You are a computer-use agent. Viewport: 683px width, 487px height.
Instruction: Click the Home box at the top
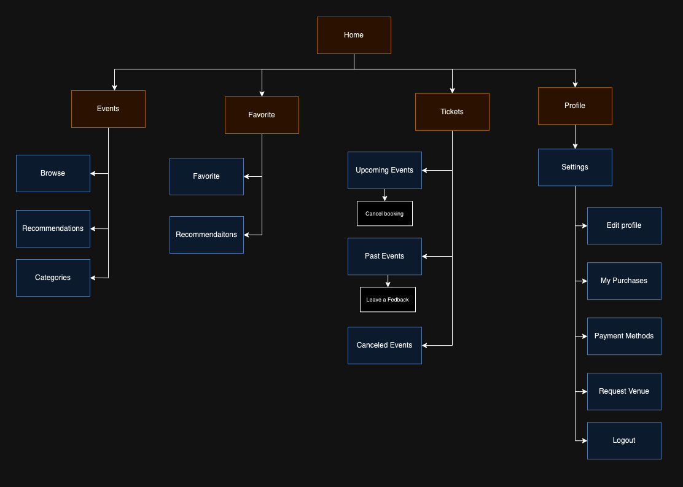[x=354, y=35]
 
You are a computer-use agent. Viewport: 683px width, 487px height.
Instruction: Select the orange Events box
[x=108, y=109]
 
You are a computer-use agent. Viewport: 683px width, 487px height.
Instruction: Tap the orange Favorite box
[x=262, y=115]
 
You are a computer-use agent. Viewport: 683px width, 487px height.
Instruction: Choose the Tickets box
[x=452, y=112]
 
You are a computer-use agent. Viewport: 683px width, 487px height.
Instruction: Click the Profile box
[x=575, y=106]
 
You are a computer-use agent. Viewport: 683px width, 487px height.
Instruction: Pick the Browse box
[x=53, y=173]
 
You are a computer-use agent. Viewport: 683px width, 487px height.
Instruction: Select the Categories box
[x=53, y=278]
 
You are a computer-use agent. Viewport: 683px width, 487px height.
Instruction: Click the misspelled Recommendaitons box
[x=206, y=235]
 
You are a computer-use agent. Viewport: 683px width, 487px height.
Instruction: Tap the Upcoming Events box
[x=384, y=170]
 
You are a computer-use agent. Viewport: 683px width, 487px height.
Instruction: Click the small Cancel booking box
[x=384, y=214]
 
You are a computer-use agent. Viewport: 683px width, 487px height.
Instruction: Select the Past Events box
[x=384, y=256]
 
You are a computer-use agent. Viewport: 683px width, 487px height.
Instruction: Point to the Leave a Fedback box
[x=388, y=300]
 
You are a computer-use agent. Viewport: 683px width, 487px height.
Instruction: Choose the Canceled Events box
[x=384, y=345]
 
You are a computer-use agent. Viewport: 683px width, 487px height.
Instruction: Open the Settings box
[x=575, y=167]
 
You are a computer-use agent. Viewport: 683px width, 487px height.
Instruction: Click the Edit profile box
[x=624, y=225]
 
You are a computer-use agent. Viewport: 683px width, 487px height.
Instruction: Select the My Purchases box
[x=624, y=281]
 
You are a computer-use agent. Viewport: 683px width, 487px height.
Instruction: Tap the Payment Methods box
[x=624, y=336]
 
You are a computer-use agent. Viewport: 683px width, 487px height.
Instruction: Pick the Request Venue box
[x=624, y=391]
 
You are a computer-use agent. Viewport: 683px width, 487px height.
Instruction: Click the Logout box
[x=624, y=440]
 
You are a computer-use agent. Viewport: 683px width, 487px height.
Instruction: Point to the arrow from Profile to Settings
[x=575, y=137]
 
